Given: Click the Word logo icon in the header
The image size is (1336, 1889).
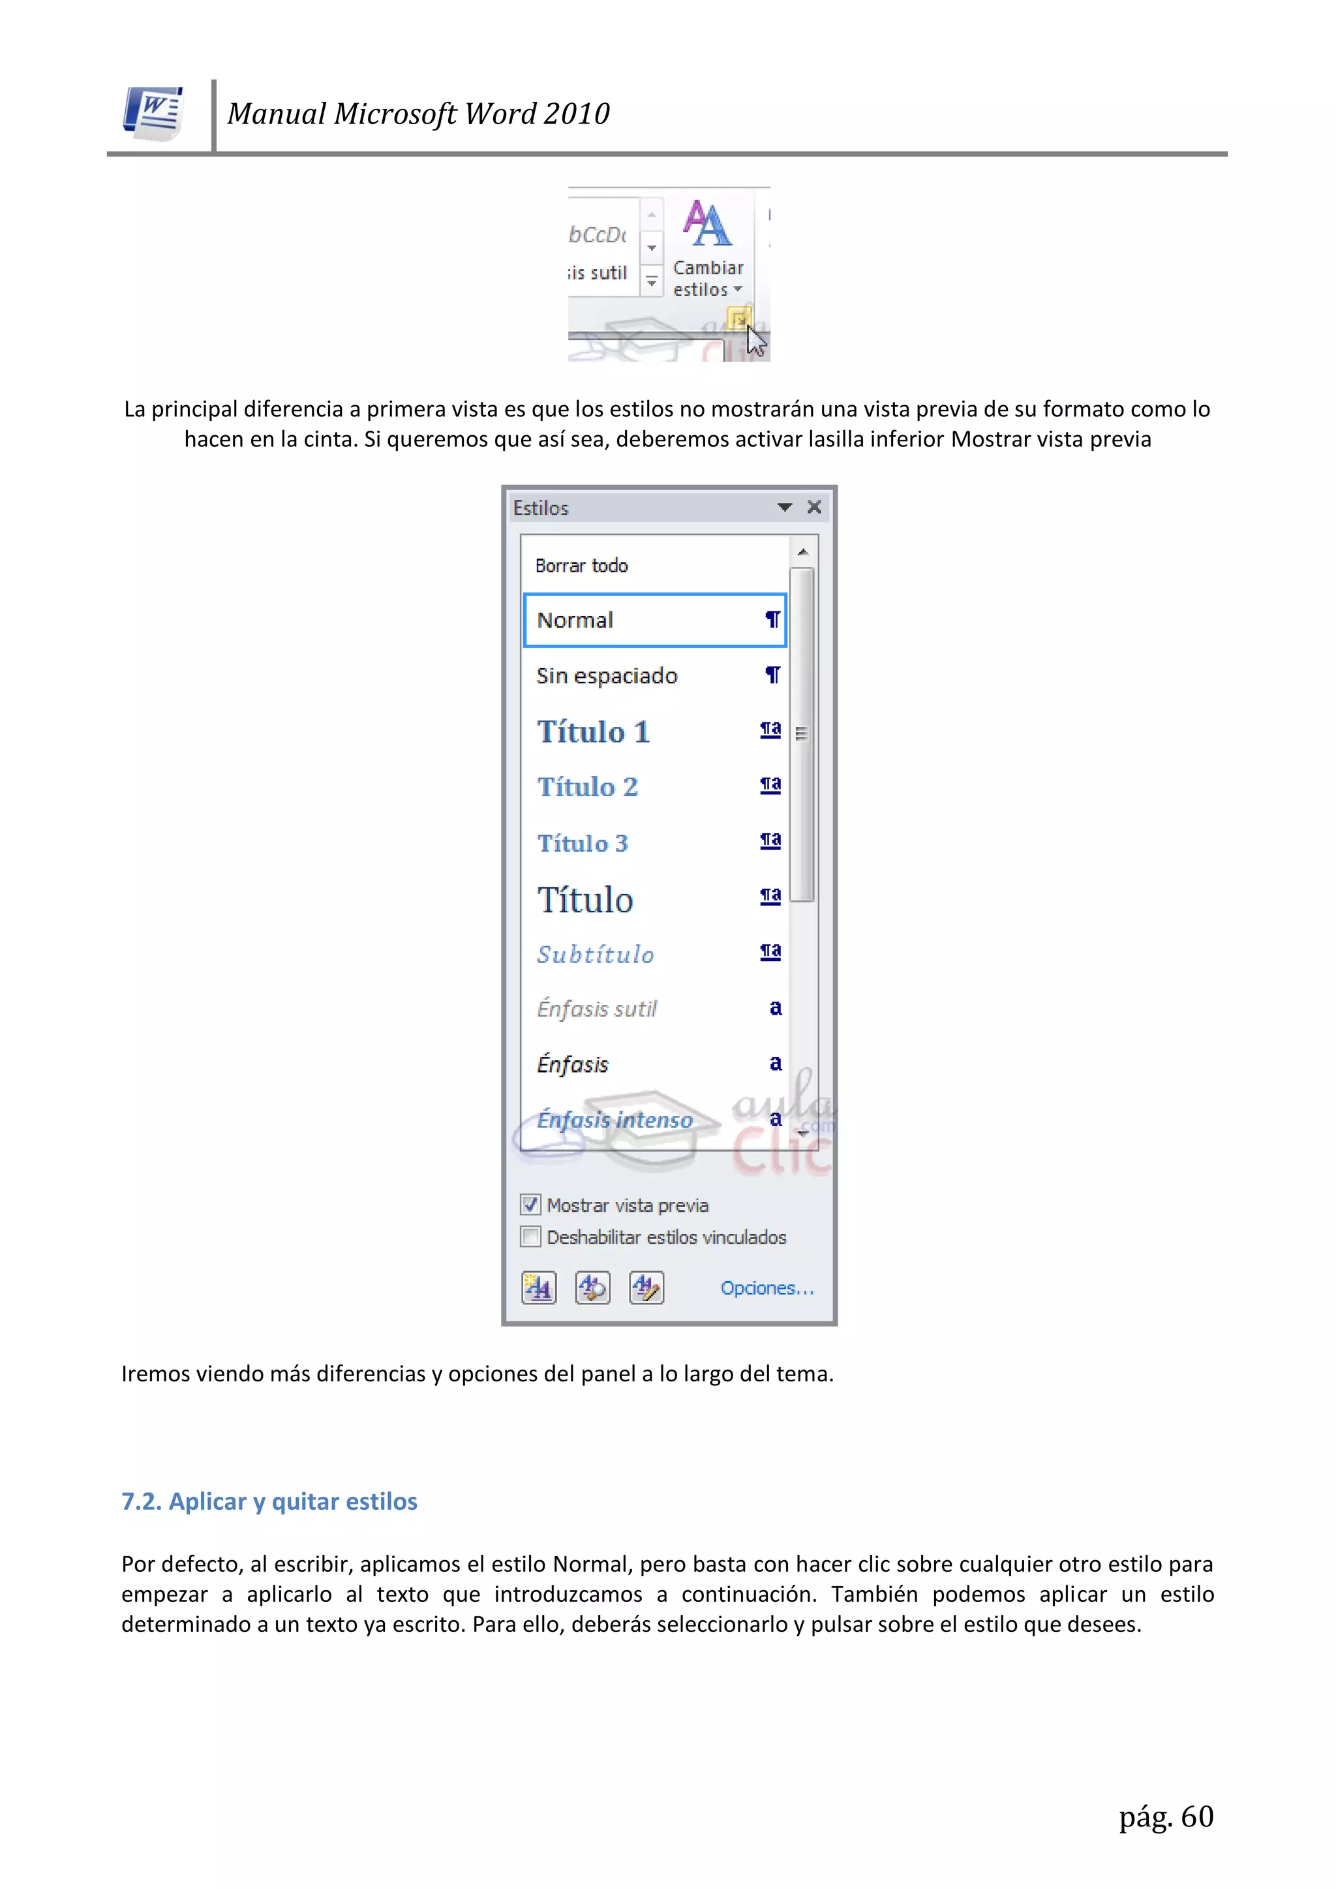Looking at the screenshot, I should click(x=154, y=113).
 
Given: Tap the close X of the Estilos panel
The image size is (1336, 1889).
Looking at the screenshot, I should click(x=813, y=507).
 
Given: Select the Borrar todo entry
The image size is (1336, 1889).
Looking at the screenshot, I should click(x=582, y=566).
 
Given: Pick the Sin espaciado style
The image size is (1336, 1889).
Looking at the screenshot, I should click(x=606, y=676).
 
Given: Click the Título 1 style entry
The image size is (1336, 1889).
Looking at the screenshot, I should click(x=593, y=731).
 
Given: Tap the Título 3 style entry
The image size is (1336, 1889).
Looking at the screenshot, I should click(x=583, y=843).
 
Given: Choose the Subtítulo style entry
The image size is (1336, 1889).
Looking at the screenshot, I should click(x=596, y=955).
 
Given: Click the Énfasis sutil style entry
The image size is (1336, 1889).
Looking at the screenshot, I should click(x=596, y=1009).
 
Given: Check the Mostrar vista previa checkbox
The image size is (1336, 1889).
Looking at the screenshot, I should click(x=530, y=1205).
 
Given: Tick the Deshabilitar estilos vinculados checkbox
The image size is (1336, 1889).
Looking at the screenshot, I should click(x=530, y=1236).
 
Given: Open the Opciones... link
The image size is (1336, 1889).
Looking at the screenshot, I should click(x=766, y=1289).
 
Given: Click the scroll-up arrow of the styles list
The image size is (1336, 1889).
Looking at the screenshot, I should click(x=803, y=552).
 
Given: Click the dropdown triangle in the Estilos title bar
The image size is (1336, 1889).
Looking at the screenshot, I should click(x=784, y=507).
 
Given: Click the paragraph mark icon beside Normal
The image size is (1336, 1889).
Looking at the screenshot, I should click(x=772, y=619).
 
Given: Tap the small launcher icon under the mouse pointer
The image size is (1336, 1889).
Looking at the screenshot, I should click(x=738, y=318).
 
